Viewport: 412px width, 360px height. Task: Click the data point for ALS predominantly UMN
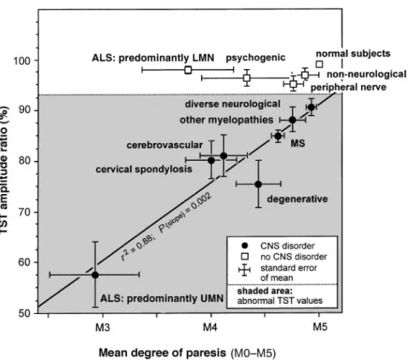pos(95,275)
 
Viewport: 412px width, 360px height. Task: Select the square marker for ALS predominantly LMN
pos(188,70)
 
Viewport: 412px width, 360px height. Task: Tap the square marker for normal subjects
pos(319,65)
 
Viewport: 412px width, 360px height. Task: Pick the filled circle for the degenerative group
pos(258,185)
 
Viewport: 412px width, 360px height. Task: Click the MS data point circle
pos(278,136)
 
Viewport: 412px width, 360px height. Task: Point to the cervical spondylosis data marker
pos(211,160)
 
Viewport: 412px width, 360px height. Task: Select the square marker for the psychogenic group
pos(247,77)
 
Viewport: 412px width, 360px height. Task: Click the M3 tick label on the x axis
pos(102,328)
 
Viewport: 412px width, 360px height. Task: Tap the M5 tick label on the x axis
pos(320,328)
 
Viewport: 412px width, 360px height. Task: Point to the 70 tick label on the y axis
pos(25,212)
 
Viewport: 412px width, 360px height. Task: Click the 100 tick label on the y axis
pos(23,60)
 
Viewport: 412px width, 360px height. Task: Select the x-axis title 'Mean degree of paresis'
pos(163,353)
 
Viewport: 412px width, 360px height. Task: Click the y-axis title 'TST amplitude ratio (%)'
pos(4,170)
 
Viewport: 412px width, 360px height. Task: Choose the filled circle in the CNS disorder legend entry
pos(245,245)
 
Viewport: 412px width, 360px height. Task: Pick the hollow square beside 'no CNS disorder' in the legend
pos(245,256)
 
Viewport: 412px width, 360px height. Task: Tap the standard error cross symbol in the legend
pos(244,270)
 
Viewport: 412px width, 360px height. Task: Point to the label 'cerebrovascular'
pos(164,145)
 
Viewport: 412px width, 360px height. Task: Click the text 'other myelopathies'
pos(226,120)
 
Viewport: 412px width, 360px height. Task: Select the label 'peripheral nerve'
pos(348,87)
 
